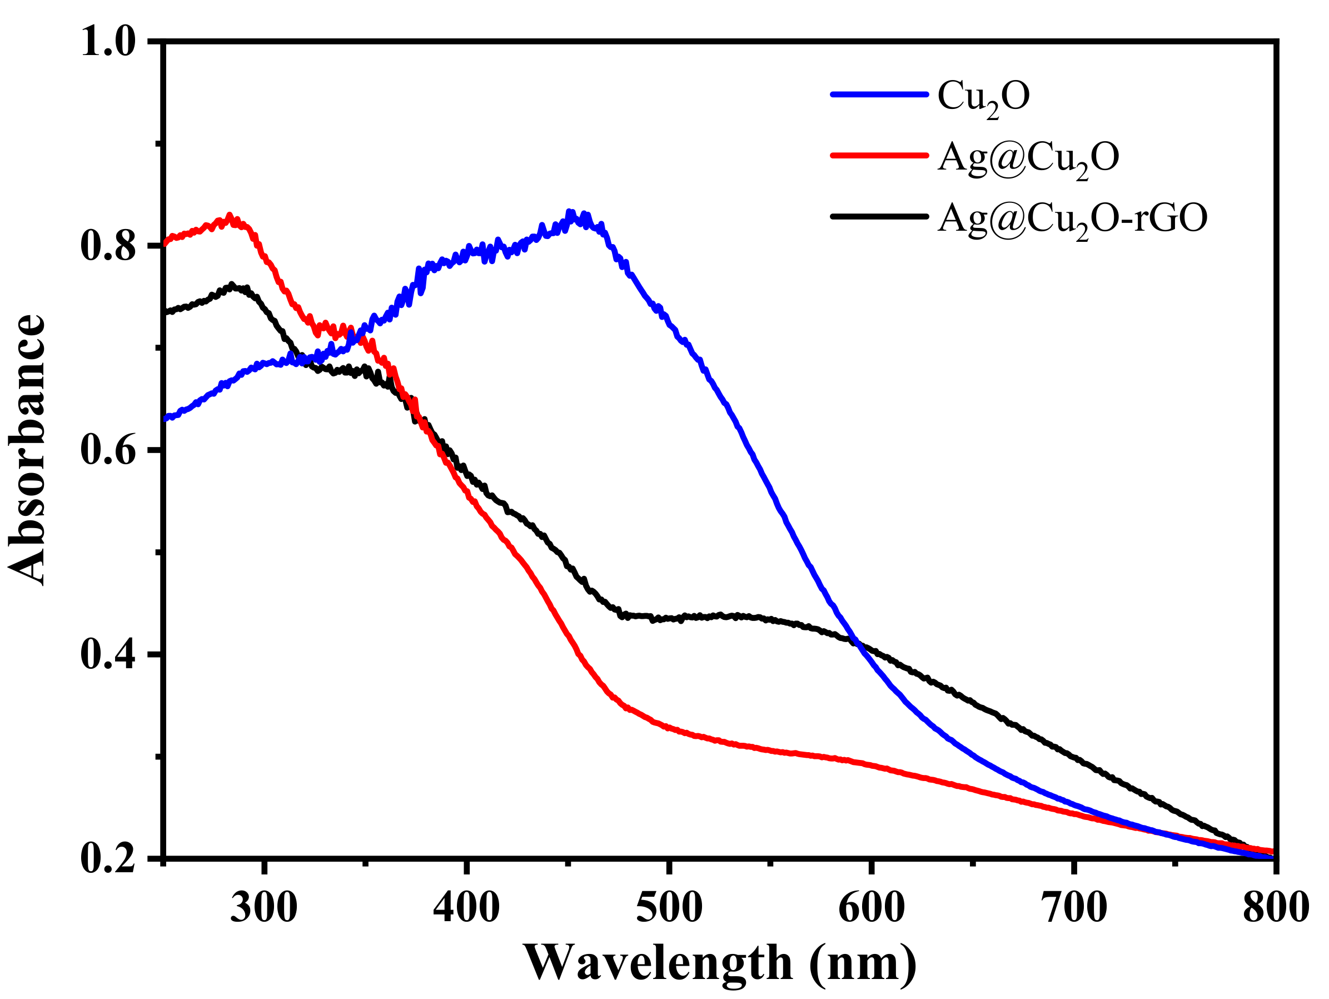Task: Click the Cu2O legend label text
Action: point(982,96)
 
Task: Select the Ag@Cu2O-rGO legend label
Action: point(1072,218)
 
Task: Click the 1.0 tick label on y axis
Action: point(108,42)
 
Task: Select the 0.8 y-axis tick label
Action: point(108,246)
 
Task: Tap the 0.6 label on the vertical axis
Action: point(108,451)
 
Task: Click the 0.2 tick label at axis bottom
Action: point(108,858)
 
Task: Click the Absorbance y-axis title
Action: point(27,450)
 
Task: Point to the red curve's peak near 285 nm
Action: point(229,216)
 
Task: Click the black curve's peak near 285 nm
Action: point(231,285)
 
